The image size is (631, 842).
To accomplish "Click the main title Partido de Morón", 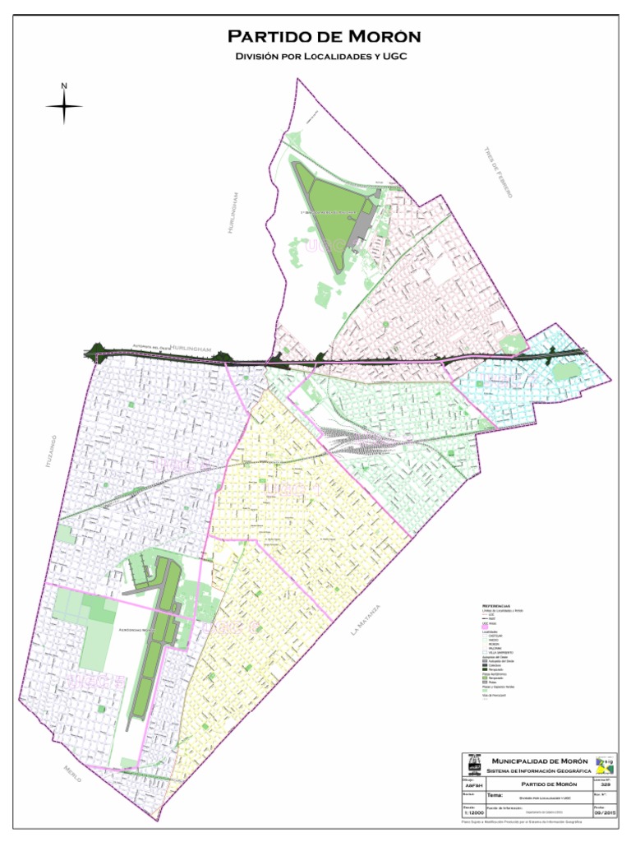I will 324,37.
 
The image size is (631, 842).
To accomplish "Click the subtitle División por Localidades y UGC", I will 322,56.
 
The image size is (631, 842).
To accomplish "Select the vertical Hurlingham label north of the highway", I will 234,212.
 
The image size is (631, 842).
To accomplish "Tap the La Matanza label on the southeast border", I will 366,621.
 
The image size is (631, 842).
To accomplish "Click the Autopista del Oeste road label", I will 149,346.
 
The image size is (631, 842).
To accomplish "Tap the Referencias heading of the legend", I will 496,605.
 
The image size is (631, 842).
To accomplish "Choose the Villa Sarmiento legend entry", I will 501,653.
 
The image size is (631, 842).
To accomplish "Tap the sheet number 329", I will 606,784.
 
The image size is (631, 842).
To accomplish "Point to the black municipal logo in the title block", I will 473,764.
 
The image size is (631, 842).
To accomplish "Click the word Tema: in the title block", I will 495,796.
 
